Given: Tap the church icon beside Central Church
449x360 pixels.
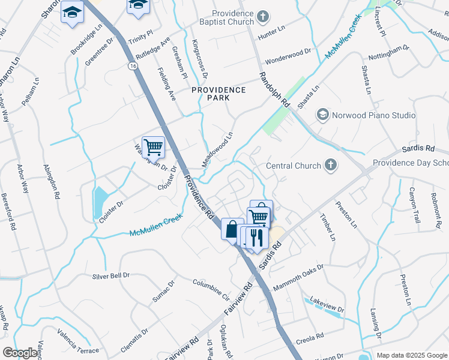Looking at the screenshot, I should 330,165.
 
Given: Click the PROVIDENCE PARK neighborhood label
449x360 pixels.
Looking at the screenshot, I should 218,95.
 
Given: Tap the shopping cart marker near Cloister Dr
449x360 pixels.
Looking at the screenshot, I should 154,146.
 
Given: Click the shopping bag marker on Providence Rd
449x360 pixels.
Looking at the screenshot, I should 232,229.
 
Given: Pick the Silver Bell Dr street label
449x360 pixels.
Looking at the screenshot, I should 111,276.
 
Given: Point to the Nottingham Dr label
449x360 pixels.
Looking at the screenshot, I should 388,53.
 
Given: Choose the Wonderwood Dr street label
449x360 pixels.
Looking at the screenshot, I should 288,55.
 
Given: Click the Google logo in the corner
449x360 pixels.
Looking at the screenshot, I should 20,353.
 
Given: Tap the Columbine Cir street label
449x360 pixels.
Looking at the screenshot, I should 211,289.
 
